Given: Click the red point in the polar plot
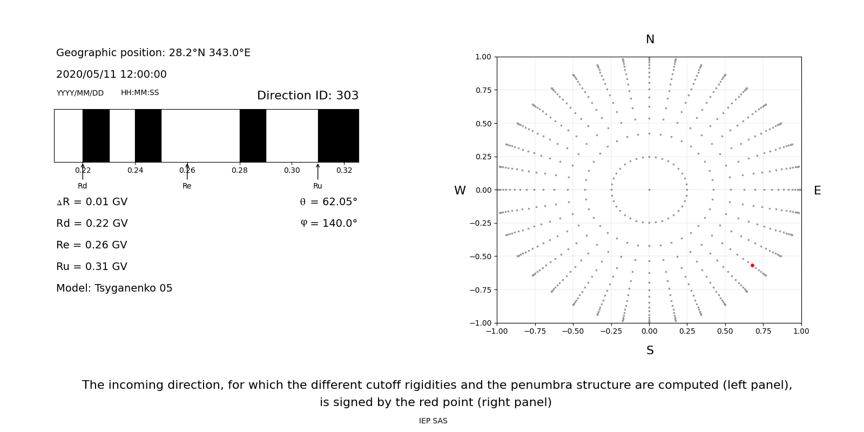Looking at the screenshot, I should click(752, 265).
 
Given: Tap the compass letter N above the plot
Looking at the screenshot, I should click(650, 39).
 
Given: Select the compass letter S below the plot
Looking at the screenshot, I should click(650, 350).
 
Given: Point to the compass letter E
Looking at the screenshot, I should click(817, 191).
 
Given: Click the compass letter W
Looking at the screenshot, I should click(460, 191).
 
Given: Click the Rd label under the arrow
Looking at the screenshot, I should click(82, 186).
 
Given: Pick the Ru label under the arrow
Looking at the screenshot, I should click(318, 186).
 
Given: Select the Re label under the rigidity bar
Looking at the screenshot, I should click(187, 186).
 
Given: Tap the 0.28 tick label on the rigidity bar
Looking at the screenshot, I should click(240, 171).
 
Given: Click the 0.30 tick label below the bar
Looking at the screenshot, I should click(292, 171).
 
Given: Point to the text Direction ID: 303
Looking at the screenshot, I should click(308, 96).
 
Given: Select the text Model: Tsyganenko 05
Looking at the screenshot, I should click(114, 288).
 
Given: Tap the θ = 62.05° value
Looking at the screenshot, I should click(328, 202).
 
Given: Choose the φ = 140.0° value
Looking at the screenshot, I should click(328, 224).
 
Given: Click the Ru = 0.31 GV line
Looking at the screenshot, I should click(92, 267).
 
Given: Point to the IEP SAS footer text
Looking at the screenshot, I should click(433, 421).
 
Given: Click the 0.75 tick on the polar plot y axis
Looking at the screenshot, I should click(483, 90).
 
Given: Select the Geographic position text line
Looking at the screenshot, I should click(153, 53).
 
